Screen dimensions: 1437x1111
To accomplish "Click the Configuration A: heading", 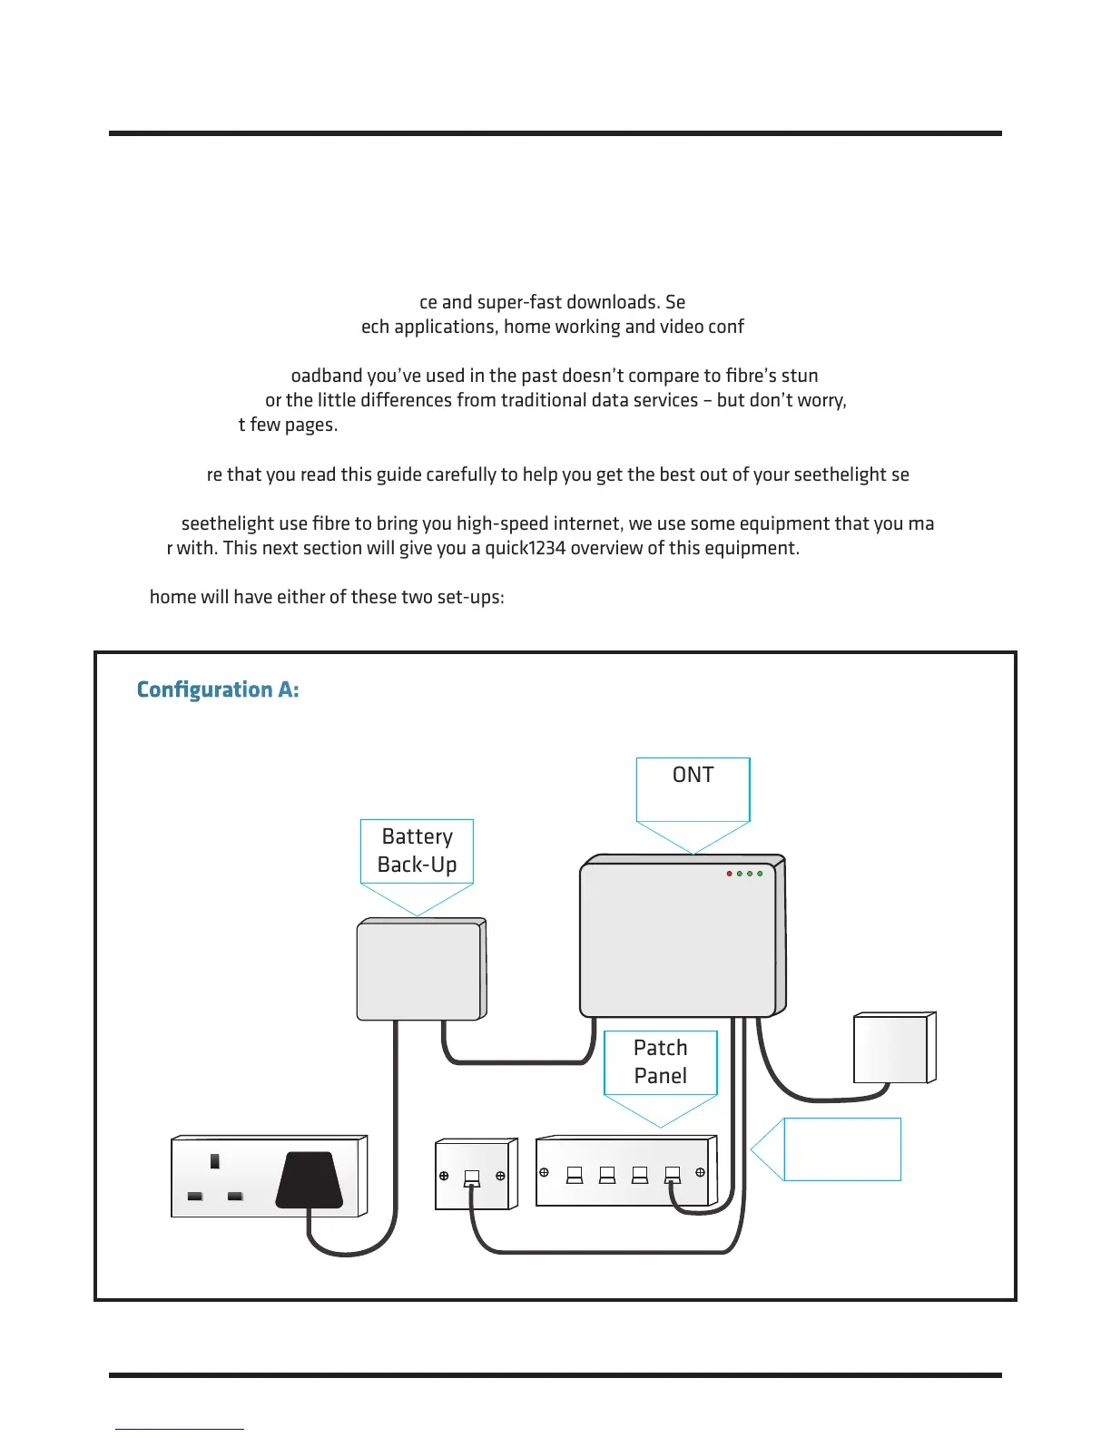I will tap(218, 690).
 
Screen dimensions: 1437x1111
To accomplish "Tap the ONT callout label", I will tap(693, 776).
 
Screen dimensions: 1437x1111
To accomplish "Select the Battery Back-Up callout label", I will tap(417, 851).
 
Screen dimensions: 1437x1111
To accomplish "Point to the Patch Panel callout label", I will tap(660, 1062).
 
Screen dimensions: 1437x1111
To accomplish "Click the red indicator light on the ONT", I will tap(729, 874).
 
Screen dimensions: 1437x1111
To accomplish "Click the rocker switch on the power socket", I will tap(215, 1161).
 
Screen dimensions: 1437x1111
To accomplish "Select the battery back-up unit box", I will tap(419, 970).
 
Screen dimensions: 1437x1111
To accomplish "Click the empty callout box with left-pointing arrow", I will tap(841, 1149).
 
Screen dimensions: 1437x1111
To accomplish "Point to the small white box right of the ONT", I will tap(892, 1049).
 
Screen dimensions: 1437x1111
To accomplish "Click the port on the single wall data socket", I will tap(471, 1178).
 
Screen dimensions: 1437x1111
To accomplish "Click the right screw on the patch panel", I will tap(700, 1172).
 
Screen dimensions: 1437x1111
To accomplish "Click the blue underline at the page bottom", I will tap(180, 1429).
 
